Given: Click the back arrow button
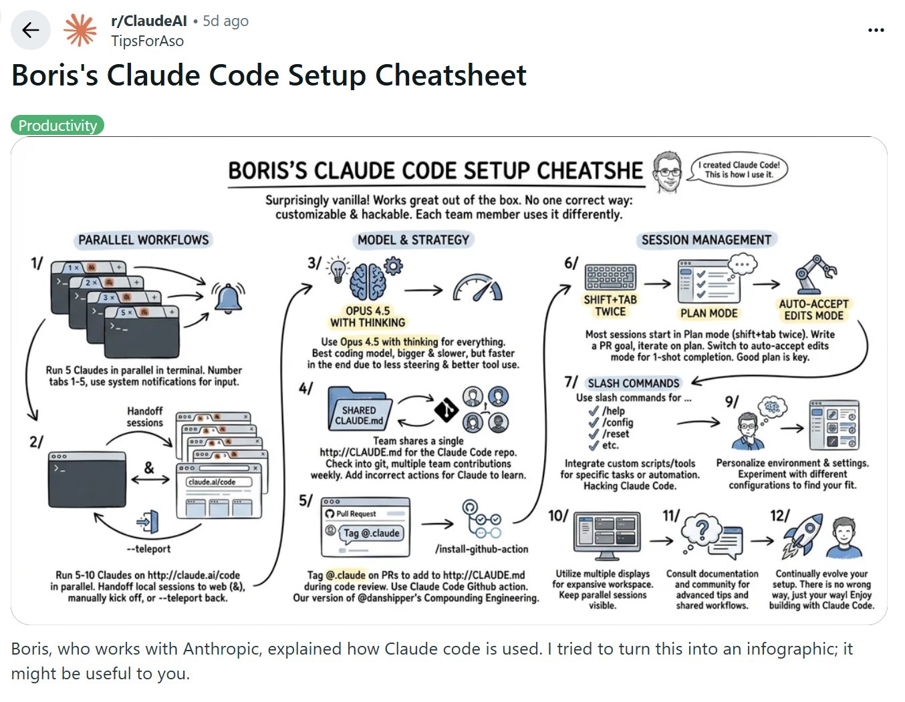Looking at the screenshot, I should point(31,31).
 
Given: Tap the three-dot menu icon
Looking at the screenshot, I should point(876,31).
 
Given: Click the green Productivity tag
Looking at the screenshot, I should point(57,126).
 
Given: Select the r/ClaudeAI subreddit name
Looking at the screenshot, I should point(149,21).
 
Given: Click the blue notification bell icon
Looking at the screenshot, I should point(228,297).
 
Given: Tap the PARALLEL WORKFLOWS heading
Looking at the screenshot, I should point(143,240).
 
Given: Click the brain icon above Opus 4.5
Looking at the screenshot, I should point(368,281).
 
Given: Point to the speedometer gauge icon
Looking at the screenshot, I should point(477,288).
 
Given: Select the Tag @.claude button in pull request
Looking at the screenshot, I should point(371,533).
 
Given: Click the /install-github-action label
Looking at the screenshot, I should point(481,549).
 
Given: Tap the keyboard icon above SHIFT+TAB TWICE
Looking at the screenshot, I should point(610,277).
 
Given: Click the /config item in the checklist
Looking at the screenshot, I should point(617,423).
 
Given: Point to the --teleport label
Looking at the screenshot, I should point(148,549).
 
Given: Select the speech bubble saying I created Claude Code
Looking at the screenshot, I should point(739,170).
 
